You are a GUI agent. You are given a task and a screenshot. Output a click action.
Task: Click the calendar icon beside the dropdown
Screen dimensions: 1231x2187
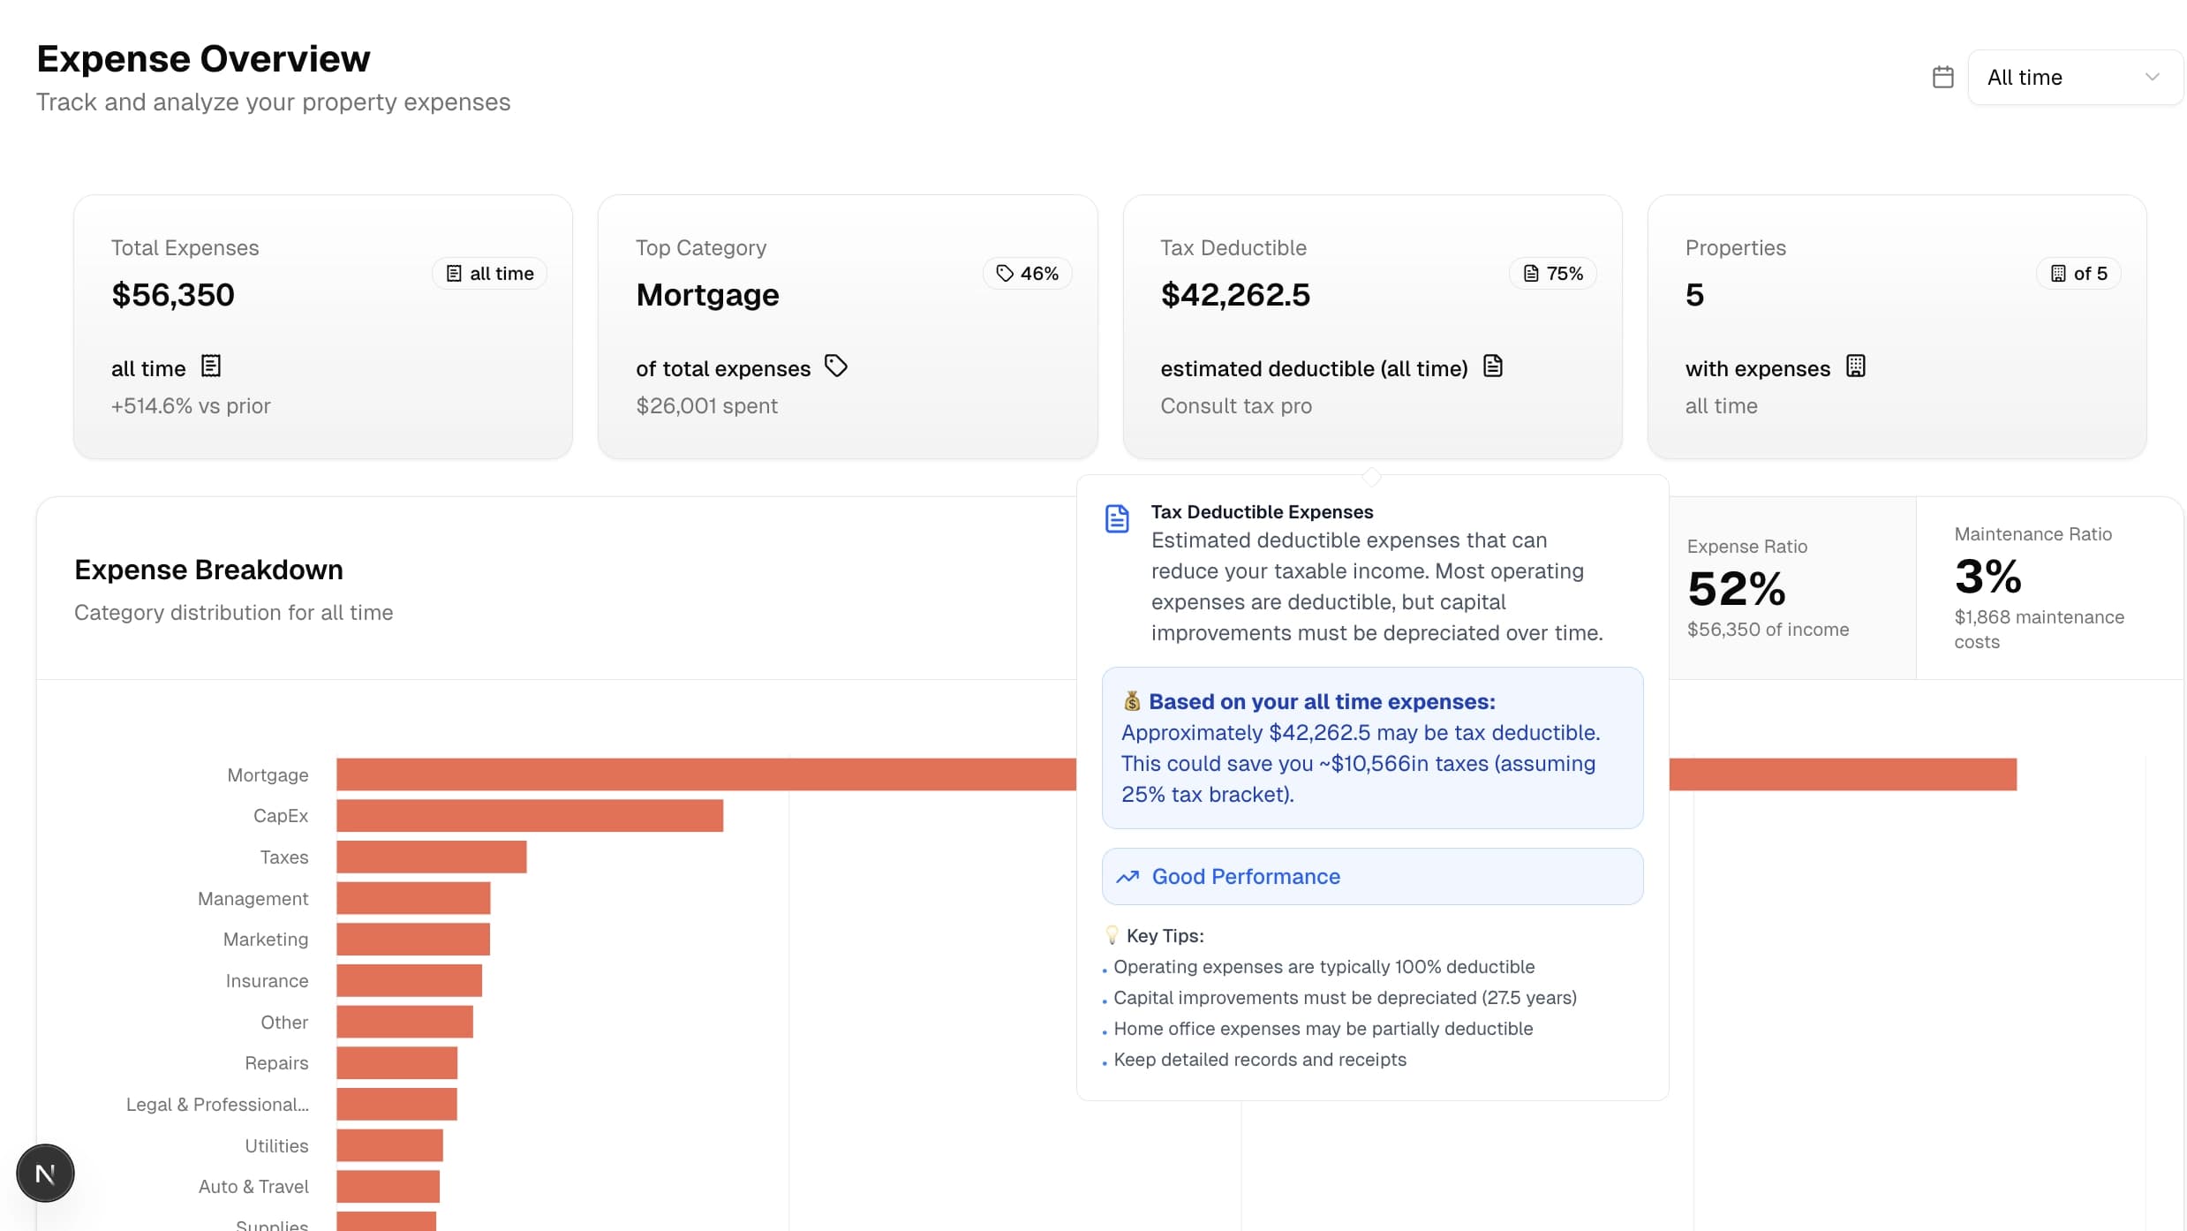tap(1942, 78)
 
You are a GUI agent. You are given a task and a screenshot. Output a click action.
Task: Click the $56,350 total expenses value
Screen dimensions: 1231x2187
tap(173, 295)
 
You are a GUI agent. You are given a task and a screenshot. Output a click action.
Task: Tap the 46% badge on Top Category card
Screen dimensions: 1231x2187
tap(1027, 274)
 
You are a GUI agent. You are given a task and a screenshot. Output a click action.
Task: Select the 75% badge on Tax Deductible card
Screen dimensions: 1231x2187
tap(1552, 274)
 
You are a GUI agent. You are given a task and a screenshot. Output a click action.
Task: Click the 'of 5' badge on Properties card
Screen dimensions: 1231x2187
tap(2078, 274)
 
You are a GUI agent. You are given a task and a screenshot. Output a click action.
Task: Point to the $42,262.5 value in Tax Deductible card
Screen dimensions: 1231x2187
tap(1235, 295)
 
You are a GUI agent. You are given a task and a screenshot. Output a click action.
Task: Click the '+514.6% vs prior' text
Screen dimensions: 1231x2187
tap(191, 406)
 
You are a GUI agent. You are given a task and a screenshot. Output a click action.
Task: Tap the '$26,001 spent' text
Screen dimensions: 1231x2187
tap(706, 406)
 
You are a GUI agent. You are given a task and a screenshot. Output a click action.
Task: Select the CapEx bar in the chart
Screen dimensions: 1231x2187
tap(530, 816)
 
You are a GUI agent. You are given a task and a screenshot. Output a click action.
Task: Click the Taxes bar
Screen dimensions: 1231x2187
tap(431, 857)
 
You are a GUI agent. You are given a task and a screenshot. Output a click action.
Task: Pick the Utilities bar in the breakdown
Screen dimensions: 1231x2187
tap(389, 1145)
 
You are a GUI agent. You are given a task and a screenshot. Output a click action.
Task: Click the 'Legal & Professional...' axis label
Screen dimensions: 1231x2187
tap(217, 1105)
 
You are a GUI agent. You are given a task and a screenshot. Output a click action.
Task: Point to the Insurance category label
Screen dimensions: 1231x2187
tap(267, 981)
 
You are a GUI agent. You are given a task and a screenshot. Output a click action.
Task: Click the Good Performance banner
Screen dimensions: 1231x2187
tap(1371, 877)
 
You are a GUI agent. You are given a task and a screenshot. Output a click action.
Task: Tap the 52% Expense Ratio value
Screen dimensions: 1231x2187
tap(1736, 589)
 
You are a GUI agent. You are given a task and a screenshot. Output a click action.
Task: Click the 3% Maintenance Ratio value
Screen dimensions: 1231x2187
tap(1987, 578)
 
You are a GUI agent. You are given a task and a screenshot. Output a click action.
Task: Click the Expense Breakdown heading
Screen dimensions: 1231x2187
tap(208, 570)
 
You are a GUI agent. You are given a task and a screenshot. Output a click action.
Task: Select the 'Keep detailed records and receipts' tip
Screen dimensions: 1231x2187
tap(1259, 1060)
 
